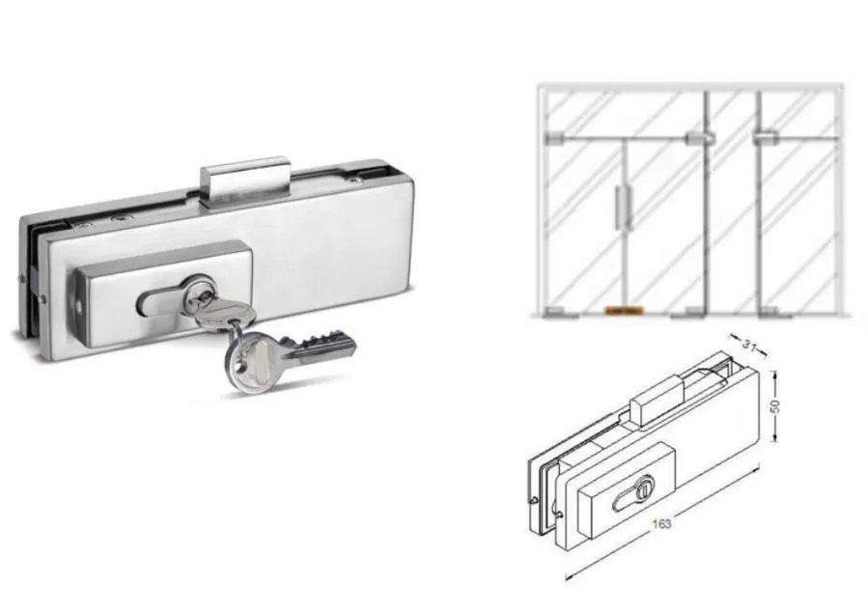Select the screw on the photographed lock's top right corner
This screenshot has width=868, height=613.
(359, 178)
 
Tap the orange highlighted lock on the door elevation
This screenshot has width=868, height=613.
(623, 312)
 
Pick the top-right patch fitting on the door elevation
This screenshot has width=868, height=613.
(770, 135)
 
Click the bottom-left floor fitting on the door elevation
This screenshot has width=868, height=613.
(552, 312)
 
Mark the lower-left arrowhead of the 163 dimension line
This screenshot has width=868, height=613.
(568, 577)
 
